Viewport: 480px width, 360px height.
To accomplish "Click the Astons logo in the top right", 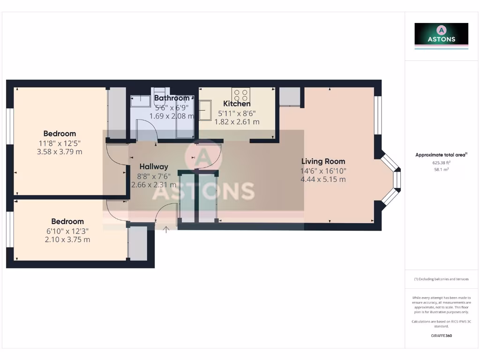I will coord(441,34).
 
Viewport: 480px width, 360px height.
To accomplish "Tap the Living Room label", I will coord(323,161).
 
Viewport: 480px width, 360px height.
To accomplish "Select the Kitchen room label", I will coord(237,104).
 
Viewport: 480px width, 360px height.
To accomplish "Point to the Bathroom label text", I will coord(172,98).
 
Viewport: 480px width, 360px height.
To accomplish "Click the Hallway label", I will coord(153,166).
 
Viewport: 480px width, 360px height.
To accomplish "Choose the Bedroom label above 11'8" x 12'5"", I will coord(60,134).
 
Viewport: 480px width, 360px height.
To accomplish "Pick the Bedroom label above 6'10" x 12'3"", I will coord(67,221).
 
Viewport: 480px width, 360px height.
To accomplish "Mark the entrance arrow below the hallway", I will coord(166,229).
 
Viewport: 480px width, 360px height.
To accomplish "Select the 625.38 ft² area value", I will coord(441,163).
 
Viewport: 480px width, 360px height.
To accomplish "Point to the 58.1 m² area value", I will coord(441,169).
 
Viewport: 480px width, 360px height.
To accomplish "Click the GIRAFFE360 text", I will coord(441,336).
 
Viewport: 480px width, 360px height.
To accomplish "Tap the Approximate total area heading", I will coord(441,155).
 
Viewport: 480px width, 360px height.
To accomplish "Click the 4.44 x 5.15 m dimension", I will coord(323,179).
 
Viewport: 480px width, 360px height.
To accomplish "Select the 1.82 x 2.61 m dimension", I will coord(237,121).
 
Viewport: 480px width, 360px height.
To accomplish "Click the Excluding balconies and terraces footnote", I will coord(441,279).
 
